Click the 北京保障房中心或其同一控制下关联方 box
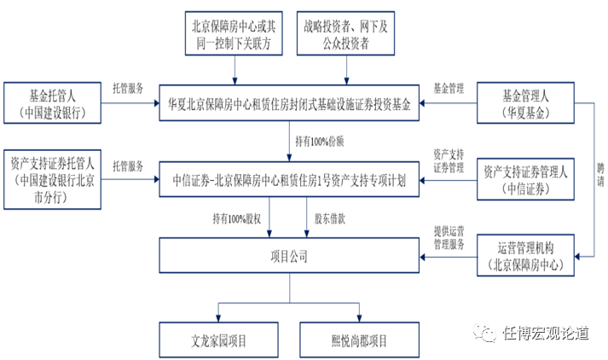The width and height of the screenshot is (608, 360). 232,34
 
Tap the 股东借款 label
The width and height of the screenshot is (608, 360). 331,218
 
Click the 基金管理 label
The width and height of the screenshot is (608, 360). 449,88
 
